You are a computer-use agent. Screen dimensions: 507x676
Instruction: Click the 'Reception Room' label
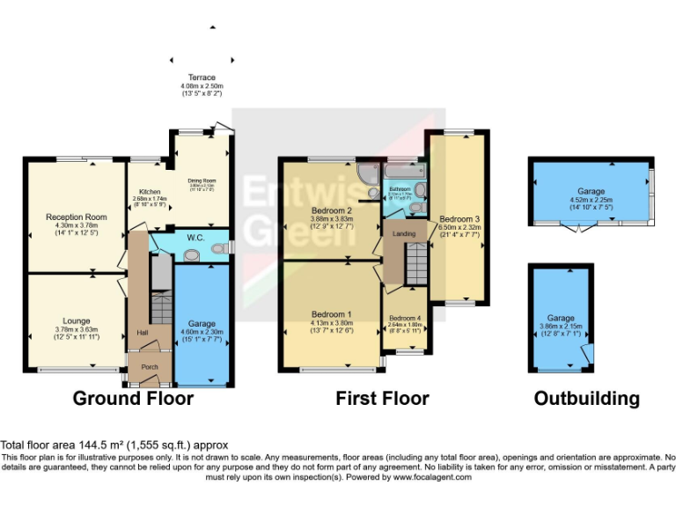pos(77,217)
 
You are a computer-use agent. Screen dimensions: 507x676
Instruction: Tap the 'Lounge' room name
pos(77,321)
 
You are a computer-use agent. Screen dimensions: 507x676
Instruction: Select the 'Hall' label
pos(142,333)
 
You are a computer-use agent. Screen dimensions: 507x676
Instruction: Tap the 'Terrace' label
pos(202,77)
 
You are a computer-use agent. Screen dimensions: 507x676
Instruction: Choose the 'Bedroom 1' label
pos(331,314)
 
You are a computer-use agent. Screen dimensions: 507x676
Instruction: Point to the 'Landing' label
pos(404,233)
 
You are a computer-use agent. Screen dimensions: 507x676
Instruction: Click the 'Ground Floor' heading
pos(132,399)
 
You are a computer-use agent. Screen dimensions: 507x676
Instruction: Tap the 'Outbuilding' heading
pos(586,399)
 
